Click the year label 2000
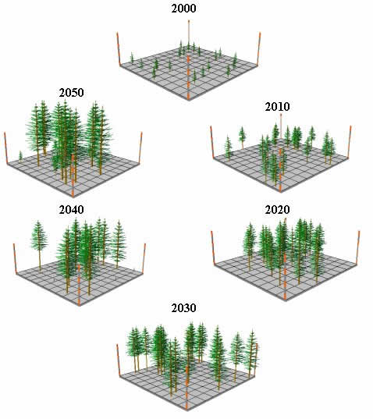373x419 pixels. click(x=183, y=9)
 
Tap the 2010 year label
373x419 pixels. click(x=277, y=107)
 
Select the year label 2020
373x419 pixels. click(x=277, y=210)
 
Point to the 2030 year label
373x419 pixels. click(x=183, y=308)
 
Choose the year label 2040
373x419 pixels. click(x=71, y=210)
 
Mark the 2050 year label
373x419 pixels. click(x=71, y=93)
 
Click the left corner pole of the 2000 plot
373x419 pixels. click(x=119, y=49)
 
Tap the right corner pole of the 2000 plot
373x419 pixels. click(x=258, y=49)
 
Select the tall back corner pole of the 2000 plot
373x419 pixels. click(x=189, y=34)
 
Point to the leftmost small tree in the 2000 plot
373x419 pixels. click(x=132, y=58)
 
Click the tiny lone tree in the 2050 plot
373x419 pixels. click(x=20, y=156)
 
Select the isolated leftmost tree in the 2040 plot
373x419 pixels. click(x=39, y=244)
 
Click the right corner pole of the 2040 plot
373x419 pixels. click(x=144, y=258)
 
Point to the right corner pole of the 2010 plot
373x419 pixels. click(x=350, y=142)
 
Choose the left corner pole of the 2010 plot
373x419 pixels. click(x=212, y=142)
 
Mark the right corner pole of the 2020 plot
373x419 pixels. click(x=358, y=247)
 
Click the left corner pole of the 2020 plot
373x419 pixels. click(x=213, y=247)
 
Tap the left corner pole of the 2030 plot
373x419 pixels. click(x=119, y=360)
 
